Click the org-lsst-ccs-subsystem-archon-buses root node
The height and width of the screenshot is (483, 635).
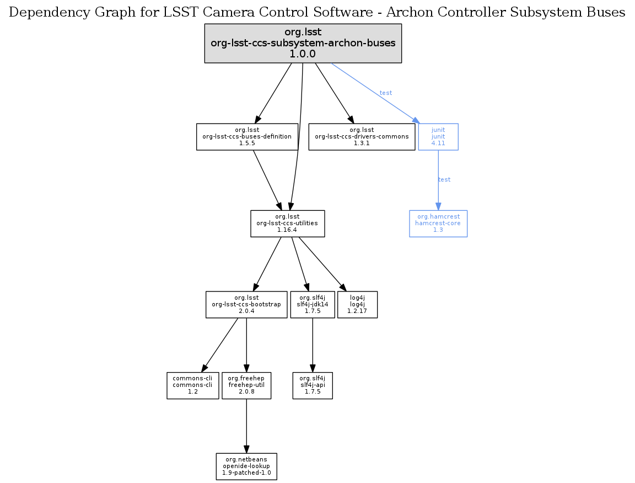(x=303, y=43)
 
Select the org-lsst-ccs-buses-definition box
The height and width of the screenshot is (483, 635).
(x=247, y=136)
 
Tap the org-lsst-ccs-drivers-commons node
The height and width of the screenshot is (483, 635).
(x=361, y=136)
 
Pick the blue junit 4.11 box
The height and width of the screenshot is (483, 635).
(x=438, y=136)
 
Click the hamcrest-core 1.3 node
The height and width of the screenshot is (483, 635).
(x=438, y=224)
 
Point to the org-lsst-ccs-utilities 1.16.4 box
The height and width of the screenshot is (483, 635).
(x=287, y=224)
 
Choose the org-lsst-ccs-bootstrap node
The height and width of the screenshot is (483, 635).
(x=246, y=304)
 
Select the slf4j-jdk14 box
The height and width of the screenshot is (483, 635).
(x=313, y=304)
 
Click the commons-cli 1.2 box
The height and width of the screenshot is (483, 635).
(x=192, y=385)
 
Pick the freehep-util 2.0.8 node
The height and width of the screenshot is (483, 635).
(x=246, y=385)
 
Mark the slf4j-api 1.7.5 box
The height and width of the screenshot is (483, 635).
(x=313, y=385)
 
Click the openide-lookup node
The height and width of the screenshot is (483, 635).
(x=246, y=466)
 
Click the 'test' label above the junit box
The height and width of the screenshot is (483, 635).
(x=386, y=93)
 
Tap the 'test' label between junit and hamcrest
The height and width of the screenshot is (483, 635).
(x=444, y=179)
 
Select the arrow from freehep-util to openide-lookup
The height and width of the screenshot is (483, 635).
(x=246, y=425)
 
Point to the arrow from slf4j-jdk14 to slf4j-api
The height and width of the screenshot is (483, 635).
(x=313, y=345)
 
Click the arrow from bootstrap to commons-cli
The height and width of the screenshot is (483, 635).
(x=220, y=343)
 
